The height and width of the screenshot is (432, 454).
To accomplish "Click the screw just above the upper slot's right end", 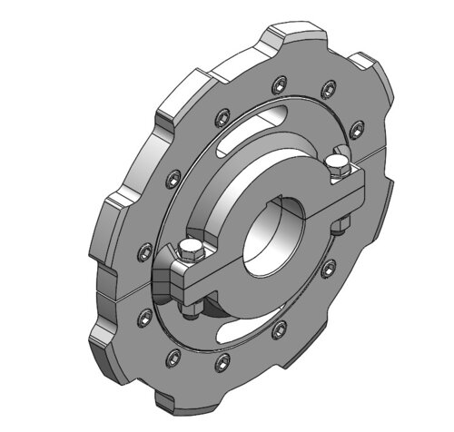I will click(x=324, y=89).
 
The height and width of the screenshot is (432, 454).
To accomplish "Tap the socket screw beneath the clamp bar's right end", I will click(x=328, y=267).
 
